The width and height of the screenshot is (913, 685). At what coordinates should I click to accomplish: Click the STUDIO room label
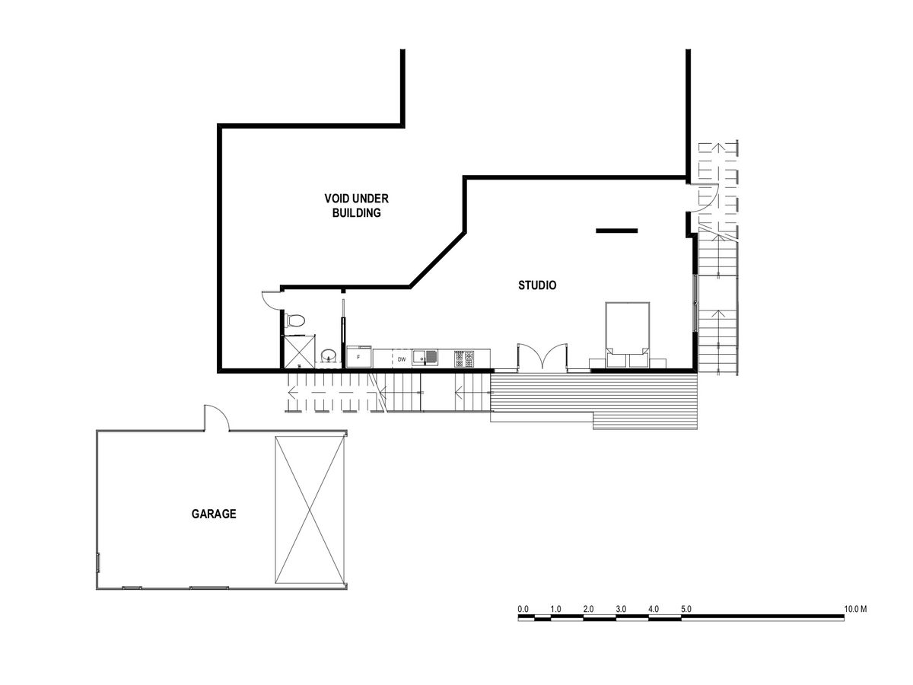536,285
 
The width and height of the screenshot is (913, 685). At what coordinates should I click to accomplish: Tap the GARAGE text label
214,514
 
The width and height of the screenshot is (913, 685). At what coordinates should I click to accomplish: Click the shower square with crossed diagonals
299,352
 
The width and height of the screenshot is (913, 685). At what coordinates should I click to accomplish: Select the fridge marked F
359,357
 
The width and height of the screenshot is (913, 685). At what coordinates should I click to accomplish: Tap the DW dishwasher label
402,359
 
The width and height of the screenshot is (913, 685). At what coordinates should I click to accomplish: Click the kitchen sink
425,358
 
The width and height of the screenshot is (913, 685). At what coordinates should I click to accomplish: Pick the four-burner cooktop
464,359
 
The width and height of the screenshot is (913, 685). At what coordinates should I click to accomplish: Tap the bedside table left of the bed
598,363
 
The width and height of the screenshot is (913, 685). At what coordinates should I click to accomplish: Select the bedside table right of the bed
657,363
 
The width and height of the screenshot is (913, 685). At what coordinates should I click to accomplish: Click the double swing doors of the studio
542,356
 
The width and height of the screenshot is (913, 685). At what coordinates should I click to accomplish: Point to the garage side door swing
216,418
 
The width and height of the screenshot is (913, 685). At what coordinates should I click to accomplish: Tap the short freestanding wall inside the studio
616,231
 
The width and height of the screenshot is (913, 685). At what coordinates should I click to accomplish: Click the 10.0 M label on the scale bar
855,609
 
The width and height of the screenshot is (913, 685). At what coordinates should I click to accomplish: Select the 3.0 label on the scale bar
621,609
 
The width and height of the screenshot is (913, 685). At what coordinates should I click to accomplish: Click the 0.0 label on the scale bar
523,609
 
